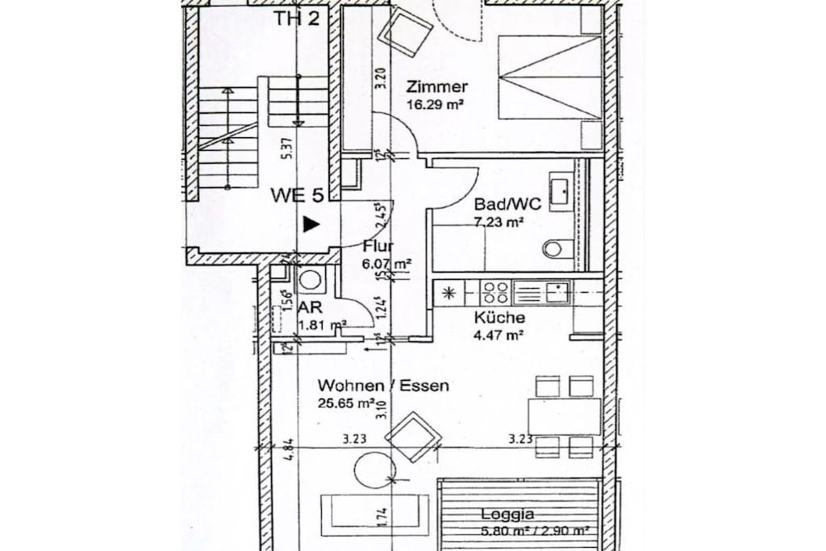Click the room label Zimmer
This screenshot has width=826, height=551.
437,87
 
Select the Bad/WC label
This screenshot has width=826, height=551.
508,204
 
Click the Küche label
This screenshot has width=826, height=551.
500,318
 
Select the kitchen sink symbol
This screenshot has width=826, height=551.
555,290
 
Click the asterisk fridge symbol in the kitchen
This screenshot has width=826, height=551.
449,292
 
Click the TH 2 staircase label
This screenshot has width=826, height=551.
296,19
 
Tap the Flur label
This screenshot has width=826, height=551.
378,247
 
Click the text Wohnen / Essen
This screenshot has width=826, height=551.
383,386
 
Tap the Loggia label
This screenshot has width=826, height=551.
507,514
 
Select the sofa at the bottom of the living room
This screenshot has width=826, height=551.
374,510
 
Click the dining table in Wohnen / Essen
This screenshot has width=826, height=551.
565,416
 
